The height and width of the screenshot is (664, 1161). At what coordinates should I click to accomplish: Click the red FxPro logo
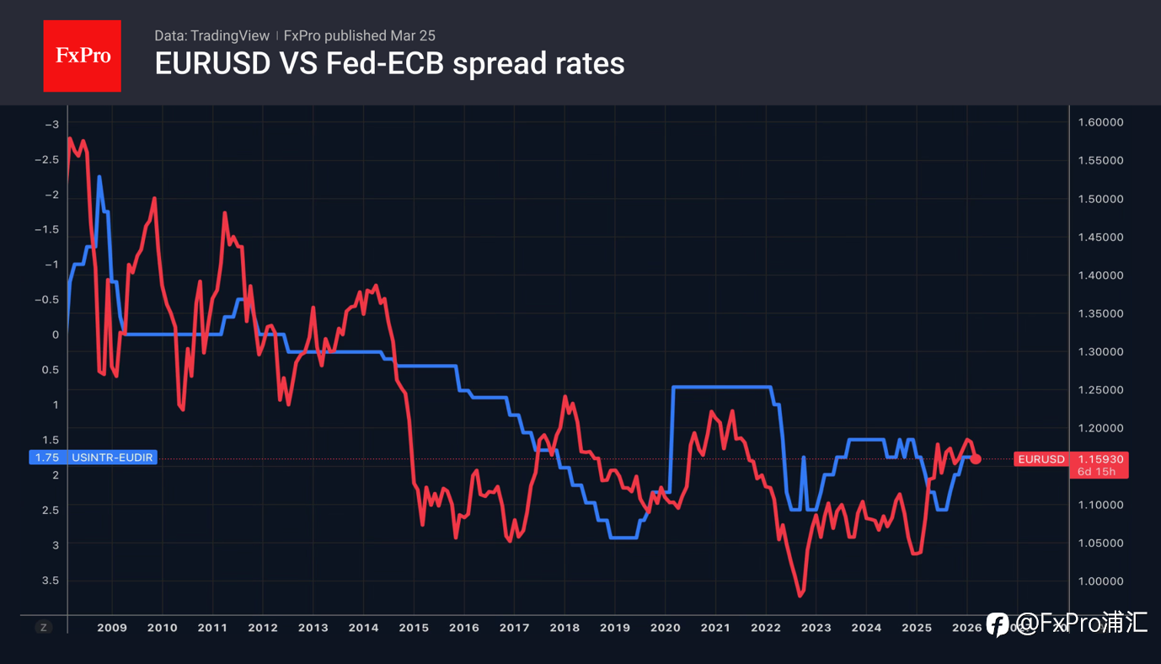click(x=82, y=56)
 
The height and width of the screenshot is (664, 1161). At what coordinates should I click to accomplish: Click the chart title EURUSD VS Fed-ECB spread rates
click(x=389, y=63)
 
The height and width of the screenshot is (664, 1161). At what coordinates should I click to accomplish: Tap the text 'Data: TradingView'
click(x=211, y=35)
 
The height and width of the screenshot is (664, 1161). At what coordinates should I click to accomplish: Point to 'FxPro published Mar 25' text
click(x=359, y=35)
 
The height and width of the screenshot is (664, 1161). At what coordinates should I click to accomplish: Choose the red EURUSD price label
click(x=1041, y=459)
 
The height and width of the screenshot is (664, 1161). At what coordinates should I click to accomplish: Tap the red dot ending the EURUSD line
click(x=976, y=458)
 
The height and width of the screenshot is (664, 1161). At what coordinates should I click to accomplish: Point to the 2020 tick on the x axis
click(x=665, y=628)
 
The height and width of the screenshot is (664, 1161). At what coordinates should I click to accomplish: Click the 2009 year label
click(x=111, y=628)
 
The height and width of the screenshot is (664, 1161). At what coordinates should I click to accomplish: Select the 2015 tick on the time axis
click(x=413, y=628)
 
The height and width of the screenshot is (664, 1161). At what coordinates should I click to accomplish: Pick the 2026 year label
click(x=966, y=628)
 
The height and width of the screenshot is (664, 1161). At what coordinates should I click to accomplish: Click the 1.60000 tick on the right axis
click(x=1100, y=122)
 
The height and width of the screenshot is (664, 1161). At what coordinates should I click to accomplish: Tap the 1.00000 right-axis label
click(x=1100, y=581)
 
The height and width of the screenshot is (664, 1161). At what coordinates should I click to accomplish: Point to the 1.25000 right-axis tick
click(x=1100, y=390)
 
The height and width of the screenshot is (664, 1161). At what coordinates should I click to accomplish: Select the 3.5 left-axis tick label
click(x=51, y=581)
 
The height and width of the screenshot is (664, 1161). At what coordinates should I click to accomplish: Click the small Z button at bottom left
click(x=44, y=628)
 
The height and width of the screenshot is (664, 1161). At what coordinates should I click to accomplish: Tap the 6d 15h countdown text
click(x=1096, y=472)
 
